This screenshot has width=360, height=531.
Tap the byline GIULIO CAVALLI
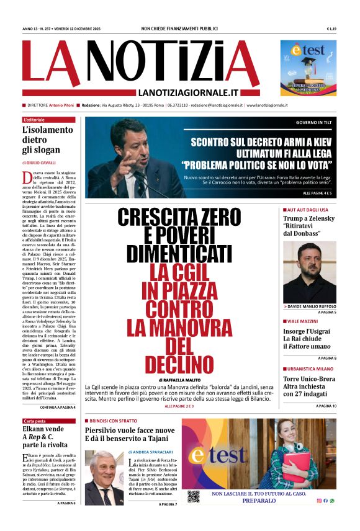click(x=45, y=163)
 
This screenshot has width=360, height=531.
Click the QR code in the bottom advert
click(x=194, y=496)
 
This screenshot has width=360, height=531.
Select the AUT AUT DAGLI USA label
click(x=307, y=210)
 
